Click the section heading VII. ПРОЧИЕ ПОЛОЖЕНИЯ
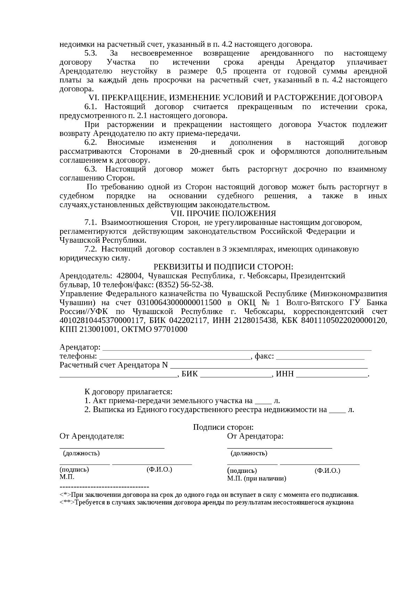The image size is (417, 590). coord(223,213)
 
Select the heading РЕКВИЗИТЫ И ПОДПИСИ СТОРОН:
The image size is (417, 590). coord(223,267)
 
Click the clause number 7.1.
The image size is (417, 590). coord(91,223)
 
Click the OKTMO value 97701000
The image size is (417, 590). coord(171,330)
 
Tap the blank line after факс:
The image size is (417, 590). coord(320,357)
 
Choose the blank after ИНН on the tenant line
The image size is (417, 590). coord(332,375)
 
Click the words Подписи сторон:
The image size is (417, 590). coord(223,427)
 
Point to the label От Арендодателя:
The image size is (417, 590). coord(92,436)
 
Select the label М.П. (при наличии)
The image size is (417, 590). coord(257,479)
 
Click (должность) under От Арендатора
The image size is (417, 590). coord(249,453)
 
